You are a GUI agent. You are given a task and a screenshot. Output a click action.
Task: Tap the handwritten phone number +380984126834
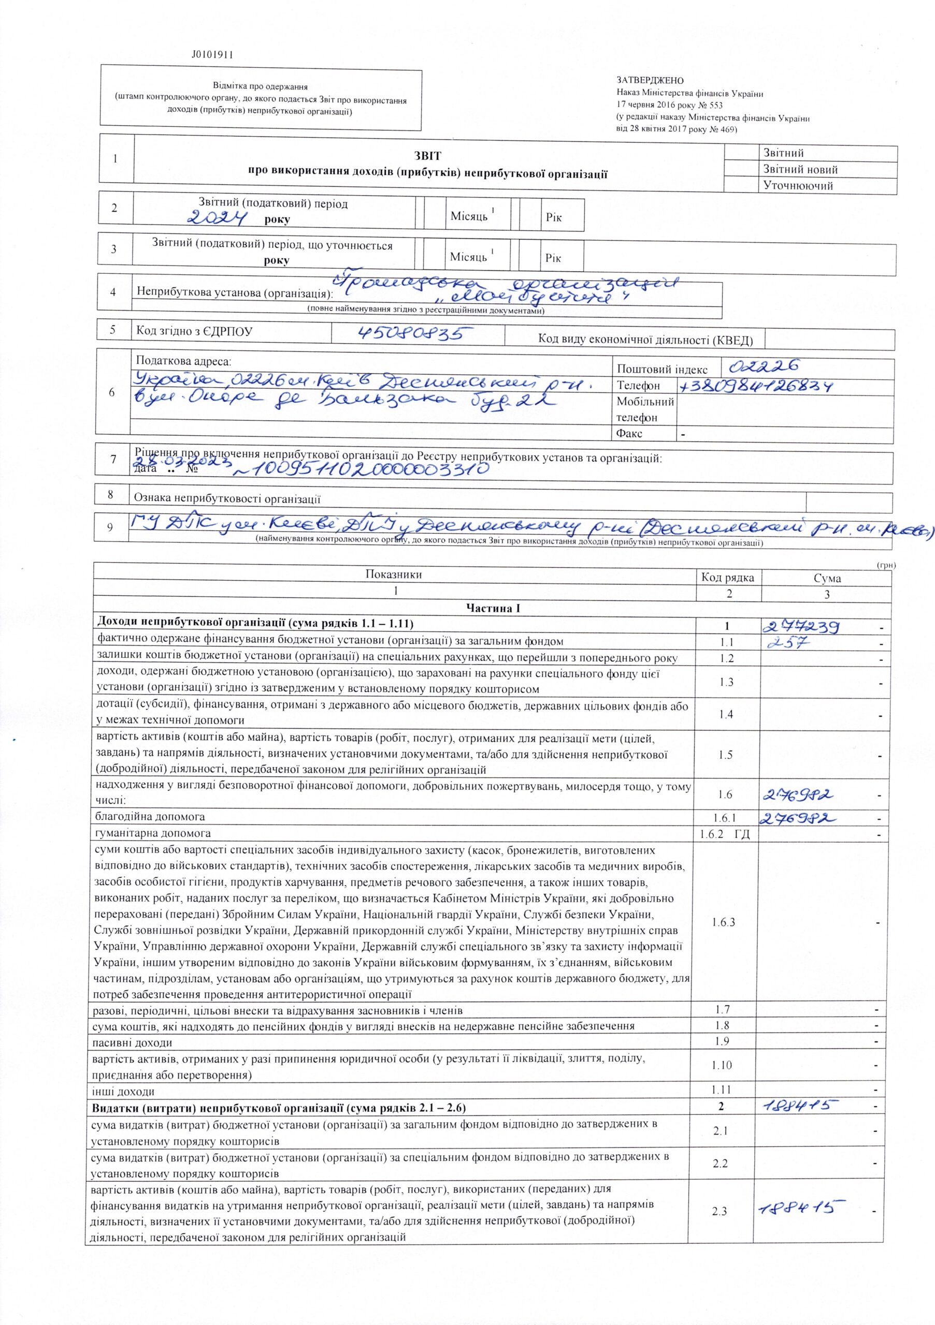(757, 386)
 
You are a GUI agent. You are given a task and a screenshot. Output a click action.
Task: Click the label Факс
(630, 433)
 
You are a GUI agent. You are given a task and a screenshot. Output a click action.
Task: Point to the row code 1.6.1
(725, 817)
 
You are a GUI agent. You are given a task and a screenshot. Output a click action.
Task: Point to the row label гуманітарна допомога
(153, 833)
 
